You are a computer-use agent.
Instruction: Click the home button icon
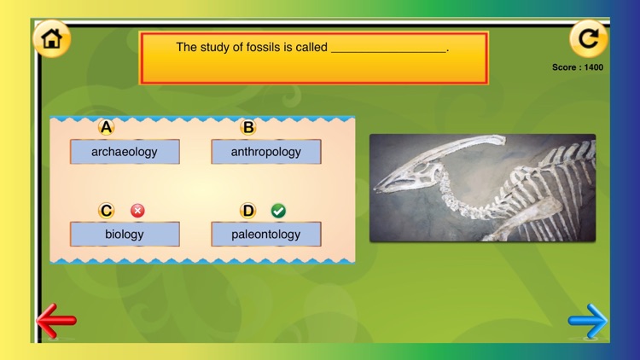[x=51, y=38]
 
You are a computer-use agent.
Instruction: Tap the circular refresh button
[x=588, y=38]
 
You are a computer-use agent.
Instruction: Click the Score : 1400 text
[x=578, y=67]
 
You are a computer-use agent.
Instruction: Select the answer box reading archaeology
[x=125, y=152]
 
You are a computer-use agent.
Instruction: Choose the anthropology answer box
[x=266, y=152]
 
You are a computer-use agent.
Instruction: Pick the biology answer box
[x=125, y=234]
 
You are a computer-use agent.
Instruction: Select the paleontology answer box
[x=266, y=234]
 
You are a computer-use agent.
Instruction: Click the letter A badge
[x=106, y=128]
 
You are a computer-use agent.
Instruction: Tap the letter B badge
[x=248, y=128]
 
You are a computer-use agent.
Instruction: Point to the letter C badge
[x=106, y=211]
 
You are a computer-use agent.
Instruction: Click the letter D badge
[x=248, y=211]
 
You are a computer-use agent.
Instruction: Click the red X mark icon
[x=137, y=211]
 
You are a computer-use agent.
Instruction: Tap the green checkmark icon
[x=278, y=211]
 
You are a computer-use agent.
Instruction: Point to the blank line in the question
[x=388, y=49]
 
